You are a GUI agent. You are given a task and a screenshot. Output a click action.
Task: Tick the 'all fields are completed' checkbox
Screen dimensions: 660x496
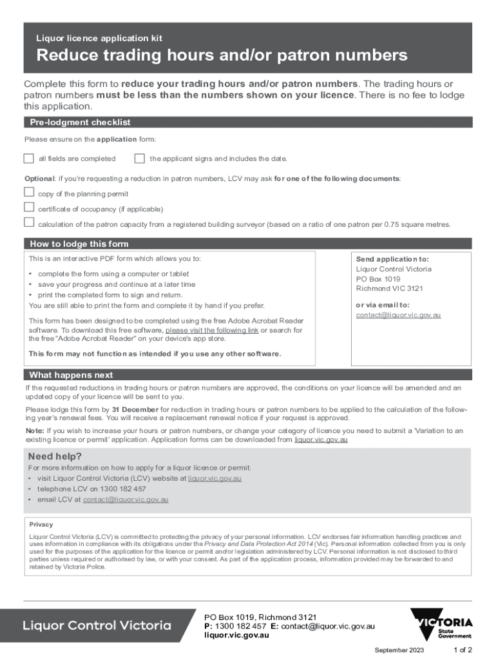tap(28, 159)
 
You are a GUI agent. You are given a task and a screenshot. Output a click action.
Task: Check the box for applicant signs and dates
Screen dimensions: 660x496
tap(140, 159)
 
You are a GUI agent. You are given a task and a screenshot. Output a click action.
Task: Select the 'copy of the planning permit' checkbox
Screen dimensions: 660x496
tap(28, 192)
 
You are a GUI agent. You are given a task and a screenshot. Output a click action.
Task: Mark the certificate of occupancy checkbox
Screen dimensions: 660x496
tap(28, 208)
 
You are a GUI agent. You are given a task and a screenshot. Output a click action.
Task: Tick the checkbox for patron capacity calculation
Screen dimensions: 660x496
tap(28, 223)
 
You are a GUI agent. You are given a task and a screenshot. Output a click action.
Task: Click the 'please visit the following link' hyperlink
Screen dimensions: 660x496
tap(212, 330)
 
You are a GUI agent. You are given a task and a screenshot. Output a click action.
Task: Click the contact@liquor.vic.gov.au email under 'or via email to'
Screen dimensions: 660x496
tap(398, 315)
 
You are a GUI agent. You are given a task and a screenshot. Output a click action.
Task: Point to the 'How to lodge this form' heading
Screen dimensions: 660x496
tap(79, 244)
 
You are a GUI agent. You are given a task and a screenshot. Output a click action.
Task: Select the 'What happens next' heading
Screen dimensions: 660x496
tap(71, 374)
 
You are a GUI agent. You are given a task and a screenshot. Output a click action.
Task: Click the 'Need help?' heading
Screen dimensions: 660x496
tap(55, 456)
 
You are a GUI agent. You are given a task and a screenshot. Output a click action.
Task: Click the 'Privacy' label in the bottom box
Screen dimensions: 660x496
tap(41, 524)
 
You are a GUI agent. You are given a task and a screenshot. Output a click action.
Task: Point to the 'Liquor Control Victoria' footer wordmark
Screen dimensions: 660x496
tap(97, 625)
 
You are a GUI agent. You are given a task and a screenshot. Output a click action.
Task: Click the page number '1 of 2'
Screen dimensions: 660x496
tap(463, 650)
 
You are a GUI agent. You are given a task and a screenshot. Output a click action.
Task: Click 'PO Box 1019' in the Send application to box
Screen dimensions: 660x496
tap(378, 279)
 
